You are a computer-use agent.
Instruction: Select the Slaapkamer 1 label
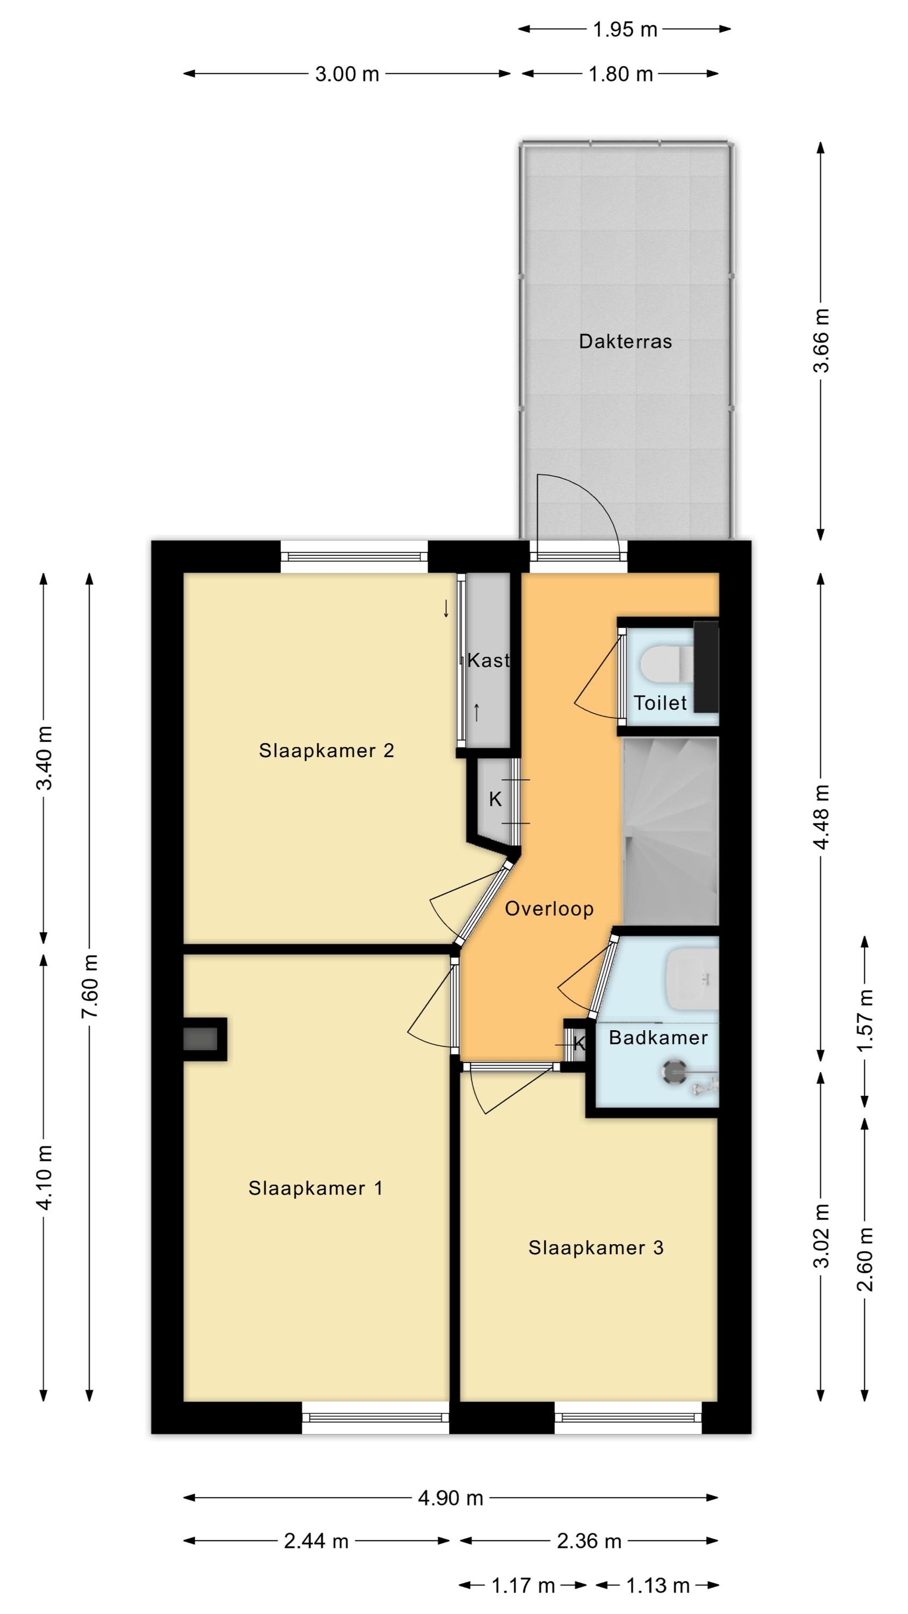315,1188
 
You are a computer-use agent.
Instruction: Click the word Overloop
549,909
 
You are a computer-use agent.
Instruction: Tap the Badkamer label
658,1038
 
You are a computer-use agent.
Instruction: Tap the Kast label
488,660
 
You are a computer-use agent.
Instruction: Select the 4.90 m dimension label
451,1498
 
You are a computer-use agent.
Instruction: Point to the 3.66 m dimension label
821,340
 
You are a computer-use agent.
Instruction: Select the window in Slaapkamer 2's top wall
354,556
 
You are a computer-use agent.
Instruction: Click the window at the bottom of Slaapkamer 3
628,1417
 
